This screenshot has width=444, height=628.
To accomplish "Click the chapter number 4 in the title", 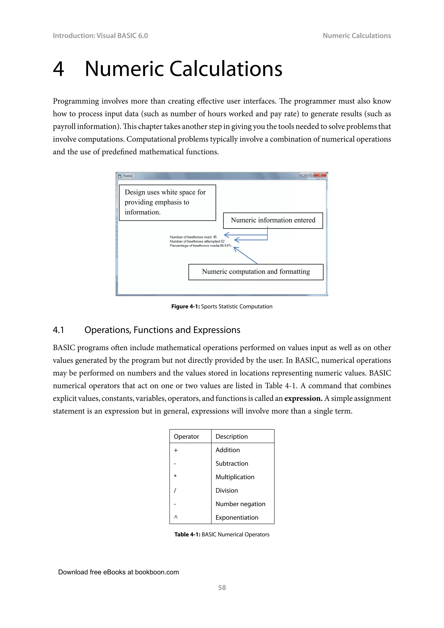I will point(59,69).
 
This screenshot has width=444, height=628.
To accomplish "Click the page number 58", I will point(222,587).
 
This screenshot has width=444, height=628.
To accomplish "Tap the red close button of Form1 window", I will point(320,175).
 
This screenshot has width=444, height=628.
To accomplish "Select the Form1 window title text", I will point(128,176).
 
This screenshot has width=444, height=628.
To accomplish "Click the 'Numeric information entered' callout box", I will point(273,221).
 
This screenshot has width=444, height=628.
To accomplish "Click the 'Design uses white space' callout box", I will point(167,202).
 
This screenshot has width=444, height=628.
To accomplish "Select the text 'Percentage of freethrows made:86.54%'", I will point(200,246).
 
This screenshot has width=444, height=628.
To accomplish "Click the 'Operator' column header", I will point(186,437).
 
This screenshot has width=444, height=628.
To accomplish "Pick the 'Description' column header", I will point(232,437).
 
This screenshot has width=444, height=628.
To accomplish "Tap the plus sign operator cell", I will point(176,450).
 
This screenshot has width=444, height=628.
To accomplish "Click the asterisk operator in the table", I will point(175,476).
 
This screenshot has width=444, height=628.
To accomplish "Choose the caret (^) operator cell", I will point(176,517).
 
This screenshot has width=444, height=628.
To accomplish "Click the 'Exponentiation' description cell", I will point(237,517).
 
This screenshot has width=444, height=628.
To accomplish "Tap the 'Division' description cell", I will point(227,491).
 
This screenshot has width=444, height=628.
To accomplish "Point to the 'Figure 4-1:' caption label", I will point(185,307).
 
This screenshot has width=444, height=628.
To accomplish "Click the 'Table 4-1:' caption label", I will point(187,535).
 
